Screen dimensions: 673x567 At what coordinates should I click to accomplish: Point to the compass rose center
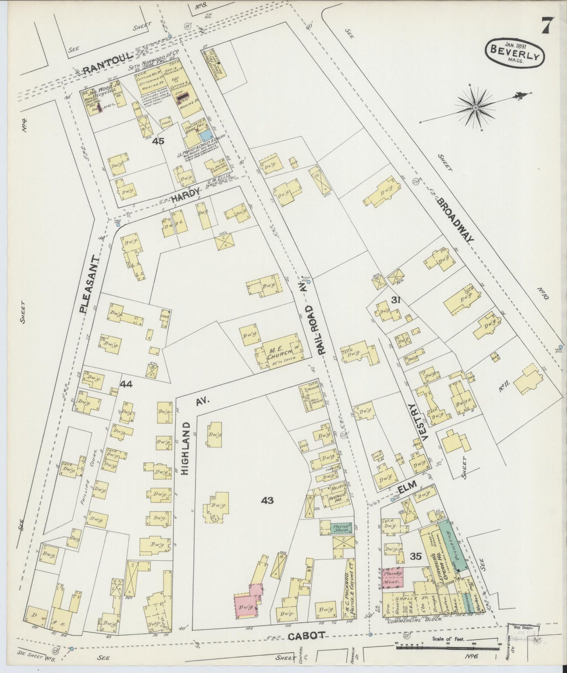pyautogui.click(x=475, y=107)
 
